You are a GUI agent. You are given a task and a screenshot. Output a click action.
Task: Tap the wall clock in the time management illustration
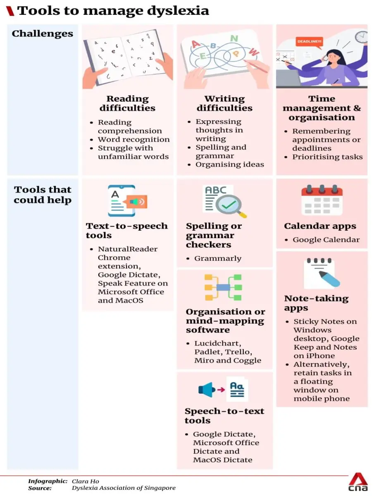click(x=361, y=37)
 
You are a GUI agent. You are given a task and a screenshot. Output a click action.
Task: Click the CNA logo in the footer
click(x=358, y=482)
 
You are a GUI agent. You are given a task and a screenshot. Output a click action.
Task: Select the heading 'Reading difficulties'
click(x=127, y=103)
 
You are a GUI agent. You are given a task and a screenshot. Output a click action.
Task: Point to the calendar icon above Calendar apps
click(x=322, y=200)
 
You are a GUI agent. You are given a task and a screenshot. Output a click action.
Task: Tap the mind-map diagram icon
click(x=223, y=287)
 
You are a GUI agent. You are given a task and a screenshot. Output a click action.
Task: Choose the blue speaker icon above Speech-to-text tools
click(x=206, y=390)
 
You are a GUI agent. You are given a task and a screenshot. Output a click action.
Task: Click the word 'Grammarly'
click(x=218, y=258)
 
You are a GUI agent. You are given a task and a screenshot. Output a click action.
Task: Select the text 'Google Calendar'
click(x=326, y=240)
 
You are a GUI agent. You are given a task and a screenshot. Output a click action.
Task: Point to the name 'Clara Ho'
click(x=86, y=481)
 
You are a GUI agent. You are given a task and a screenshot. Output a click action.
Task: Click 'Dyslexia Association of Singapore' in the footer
click(x=124, y=488)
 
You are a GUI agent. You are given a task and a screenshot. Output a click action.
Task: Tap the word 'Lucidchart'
click(x=218, y=343)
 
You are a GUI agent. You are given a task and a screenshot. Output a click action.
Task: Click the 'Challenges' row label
click(x=43, y=34)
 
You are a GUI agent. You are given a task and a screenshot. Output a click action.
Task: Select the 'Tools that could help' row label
click(x=43, y=195)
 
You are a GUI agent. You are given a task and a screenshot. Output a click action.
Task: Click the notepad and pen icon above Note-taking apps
click(x=322, y=273)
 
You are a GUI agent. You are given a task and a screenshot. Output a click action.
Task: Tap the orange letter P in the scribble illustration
click(x=236, y=54)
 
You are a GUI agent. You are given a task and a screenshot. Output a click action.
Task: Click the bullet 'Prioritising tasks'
click(x=327, y=157)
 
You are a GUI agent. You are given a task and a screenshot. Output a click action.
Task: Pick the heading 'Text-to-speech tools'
click(x=127, y=231)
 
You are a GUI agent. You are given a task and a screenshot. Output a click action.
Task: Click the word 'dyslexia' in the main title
click(x=178, y=11)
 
